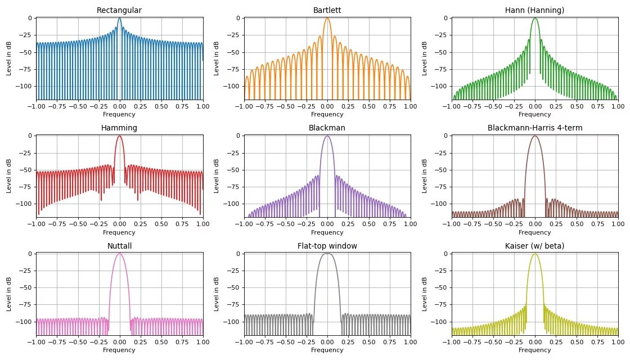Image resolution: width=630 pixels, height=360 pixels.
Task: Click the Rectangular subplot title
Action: (x=119, y=10)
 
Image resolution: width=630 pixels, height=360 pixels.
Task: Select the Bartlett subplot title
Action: (x=327, y=10)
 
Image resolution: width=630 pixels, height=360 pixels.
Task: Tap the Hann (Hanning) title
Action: (x=534, y=10)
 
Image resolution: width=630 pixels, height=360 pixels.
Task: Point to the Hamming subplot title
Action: (x=119, y=128)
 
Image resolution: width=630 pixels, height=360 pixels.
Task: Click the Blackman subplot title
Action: (x=327, y=128)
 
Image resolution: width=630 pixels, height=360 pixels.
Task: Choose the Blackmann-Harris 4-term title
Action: (x=534, y=128)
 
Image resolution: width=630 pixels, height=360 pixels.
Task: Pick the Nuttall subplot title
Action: (x=119, y=246)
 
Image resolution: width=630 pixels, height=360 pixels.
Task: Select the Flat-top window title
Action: (x=327, y=246)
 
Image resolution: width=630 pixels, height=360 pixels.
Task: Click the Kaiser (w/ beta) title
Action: (x=534, y=246)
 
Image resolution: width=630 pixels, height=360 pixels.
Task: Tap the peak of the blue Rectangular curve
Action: (x=119, y=19)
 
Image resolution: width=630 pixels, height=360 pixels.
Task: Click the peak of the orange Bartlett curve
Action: (x=327, y=19)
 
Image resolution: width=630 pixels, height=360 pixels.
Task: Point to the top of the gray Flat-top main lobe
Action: (x=327, y=254)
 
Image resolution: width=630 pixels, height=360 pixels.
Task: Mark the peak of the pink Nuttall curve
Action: (x=119, y=254)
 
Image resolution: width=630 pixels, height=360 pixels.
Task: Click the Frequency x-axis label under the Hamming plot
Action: (x=119, y=232)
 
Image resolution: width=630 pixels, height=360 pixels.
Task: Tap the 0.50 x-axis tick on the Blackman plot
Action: (x=368, y=224)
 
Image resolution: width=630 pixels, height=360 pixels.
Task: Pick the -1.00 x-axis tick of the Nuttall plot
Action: (x=37, y=342)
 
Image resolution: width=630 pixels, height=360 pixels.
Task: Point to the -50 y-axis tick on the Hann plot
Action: (x=442, y=52)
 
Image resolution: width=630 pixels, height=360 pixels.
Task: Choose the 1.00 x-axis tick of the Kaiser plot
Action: (x=618, y=342)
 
